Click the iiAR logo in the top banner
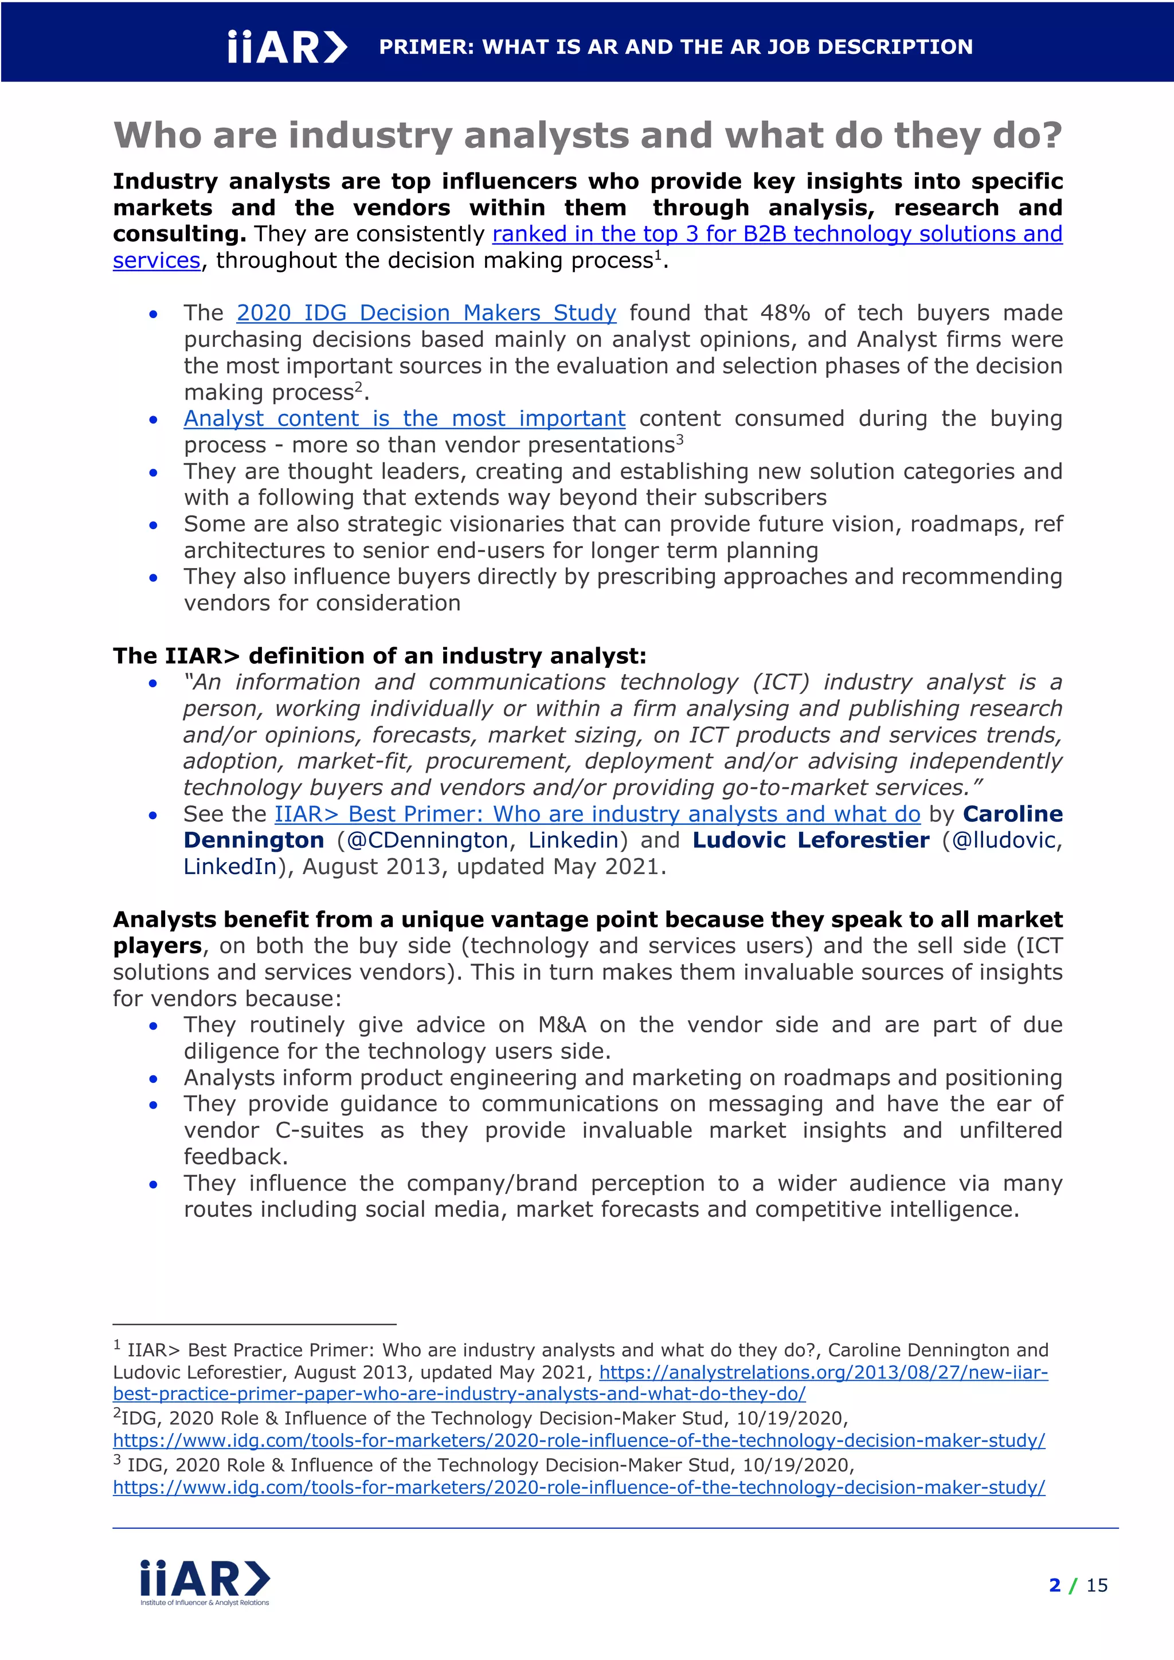click(287, 48)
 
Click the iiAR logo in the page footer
click(205, 1581)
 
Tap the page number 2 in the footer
click(1055, 1585)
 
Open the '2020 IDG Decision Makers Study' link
click(426, 313)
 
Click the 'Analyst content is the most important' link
click(404, 418)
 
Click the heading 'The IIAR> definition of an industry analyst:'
click(379, 656)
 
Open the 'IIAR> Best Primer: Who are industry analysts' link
click(597, 814)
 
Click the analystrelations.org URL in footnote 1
click(823, 1372)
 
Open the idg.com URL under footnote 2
click(578, 1440)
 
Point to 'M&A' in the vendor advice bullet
click(562, 1025)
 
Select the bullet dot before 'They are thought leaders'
click(153, 473)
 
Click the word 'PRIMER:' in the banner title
click(426, 48)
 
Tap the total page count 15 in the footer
click(1096, 1585)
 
